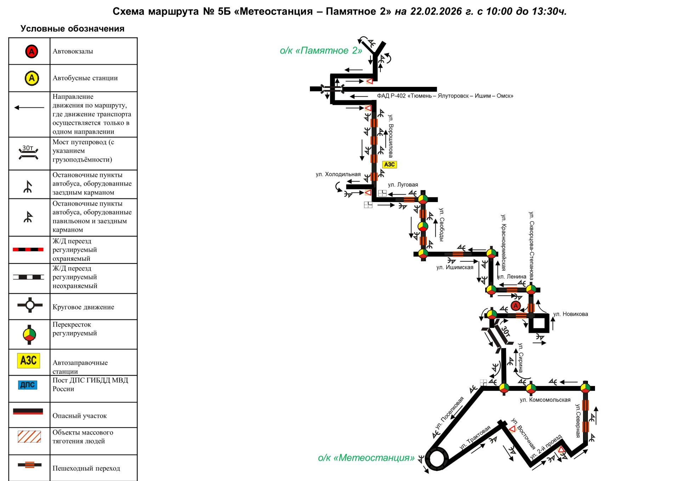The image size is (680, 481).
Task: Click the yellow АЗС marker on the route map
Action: (x=389, y=164)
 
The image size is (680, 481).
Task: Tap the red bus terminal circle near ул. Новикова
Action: (x=516, y=306)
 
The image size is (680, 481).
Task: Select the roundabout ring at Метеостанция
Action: (x=436, y=459)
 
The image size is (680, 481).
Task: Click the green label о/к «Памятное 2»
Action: (x=321, y=51)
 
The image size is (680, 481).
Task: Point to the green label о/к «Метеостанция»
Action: (x=366, y=458)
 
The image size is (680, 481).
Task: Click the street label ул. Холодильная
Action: (x=338, y=174)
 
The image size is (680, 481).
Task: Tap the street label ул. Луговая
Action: (x=403, y=185)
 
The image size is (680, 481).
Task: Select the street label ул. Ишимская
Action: (x=455, y=267)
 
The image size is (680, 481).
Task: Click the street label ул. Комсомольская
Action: (x=545, y=400)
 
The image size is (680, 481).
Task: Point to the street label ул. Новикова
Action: (x=571, y=314)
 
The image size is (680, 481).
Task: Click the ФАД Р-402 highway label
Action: (x=445, y=96)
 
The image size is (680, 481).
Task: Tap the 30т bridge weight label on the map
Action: (x=505, y=332)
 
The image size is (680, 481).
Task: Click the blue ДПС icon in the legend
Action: (x=28, y=385)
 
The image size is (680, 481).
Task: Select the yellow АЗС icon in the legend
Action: (x=29, y=360)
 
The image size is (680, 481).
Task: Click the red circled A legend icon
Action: (x=32, y=51)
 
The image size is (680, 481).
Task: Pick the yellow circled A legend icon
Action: (x=32, y=78)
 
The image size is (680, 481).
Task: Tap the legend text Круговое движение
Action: (x=83, y=307)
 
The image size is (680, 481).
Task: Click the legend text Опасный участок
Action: (x=79, y=416)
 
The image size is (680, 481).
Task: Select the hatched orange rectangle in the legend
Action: (x=29, y=437)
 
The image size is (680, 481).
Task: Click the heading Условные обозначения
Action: (x=72, y=29)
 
